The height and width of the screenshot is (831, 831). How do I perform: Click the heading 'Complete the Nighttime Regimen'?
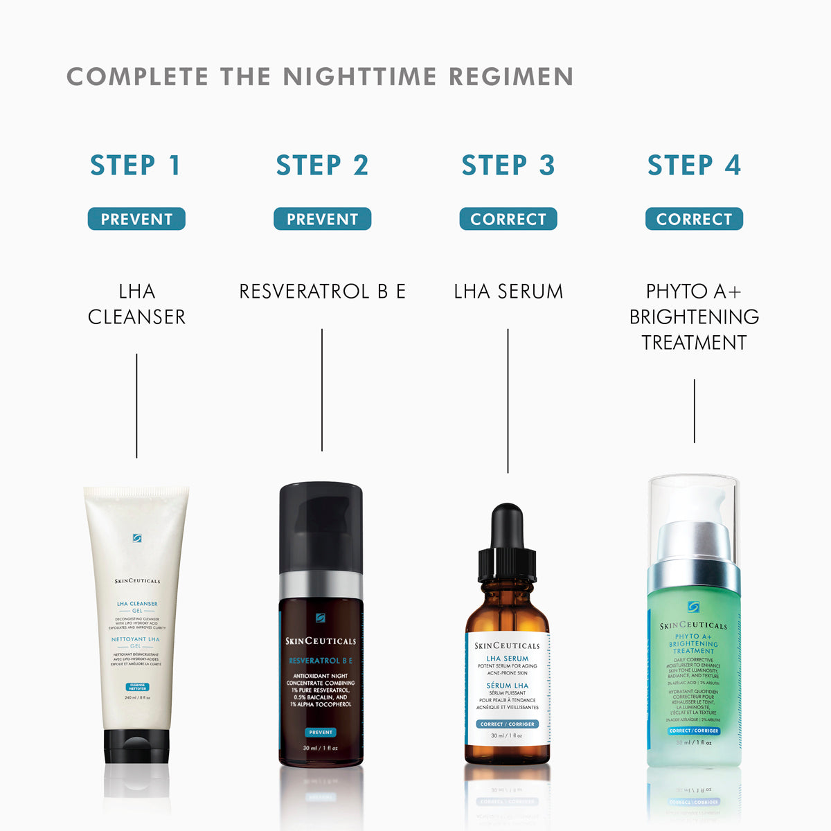click(319, 76)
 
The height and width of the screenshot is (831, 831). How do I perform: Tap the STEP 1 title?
click(136, 166)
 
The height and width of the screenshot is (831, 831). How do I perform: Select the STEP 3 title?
click(508, 166)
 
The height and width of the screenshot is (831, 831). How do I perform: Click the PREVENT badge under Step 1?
click(136, 219)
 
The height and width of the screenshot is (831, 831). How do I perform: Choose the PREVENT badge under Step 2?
click(322, 219)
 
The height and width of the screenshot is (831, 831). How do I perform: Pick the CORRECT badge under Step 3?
click(508, 219)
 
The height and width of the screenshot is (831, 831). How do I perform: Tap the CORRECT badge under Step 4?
click(694, 219)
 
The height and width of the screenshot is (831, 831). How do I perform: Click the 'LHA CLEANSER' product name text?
click(136, 304)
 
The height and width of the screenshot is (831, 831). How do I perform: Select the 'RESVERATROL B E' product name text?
click(322, 292)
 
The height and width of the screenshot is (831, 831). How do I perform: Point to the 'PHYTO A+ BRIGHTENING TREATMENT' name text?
click(694, 316)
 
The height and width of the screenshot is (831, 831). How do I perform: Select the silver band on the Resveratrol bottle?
click(321, 585)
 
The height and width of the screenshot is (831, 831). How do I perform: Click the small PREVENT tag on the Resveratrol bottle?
click(321, 732)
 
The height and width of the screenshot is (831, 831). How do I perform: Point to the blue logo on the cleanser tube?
click(137, 537)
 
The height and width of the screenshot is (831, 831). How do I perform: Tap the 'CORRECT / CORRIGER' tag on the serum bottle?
click(508, 724)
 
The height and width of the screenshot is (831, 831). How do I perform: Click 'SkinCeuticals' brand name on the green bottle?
click(693, 625)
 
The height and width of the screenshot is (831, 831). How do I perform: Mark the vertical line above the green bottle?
click(694, 411)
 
